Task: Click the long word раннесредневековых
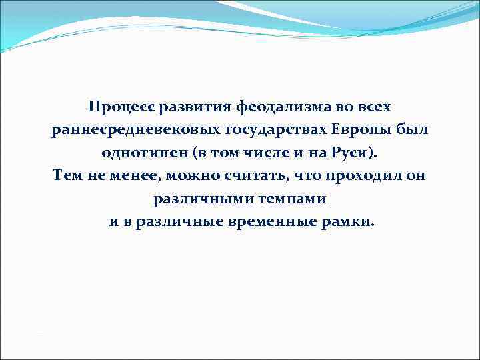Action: [129, 130]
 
